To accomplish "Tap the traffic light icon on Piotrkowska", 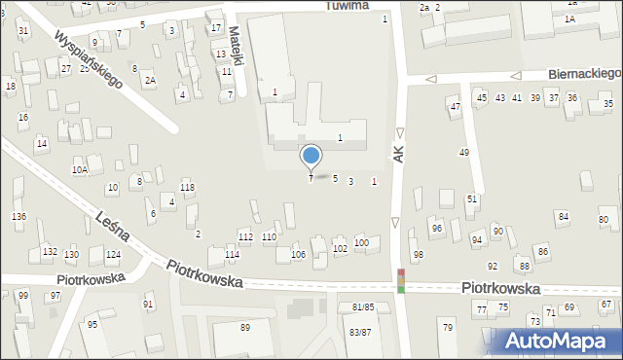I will [x=400, y=280].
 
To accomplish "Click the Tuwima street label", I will [x=347, y=6].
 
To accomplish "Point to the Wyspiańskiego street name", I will [x=89, y=60].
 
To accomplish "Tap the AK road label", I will [x=397, y=154].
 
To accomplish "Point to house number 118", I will [x=187, y=187].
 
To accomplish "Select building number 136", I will [x=18, y=216].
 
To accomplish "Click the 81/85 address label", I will [x=362, y=307].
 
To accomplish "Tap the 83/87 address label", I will [x=360, y=332].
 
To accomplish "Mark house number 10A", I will [x=80, y=170].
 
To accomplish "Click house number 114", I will [x=232, y=255].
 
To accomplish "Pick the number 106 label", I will [x=298, y=255].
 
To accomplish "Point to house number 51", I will [x=472, y=198].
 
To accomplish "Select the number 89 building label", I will [x=245, y=327].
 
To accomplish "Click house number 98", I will [x=418, y=255].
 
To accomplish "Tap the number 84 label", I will [x=563, y=215].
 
